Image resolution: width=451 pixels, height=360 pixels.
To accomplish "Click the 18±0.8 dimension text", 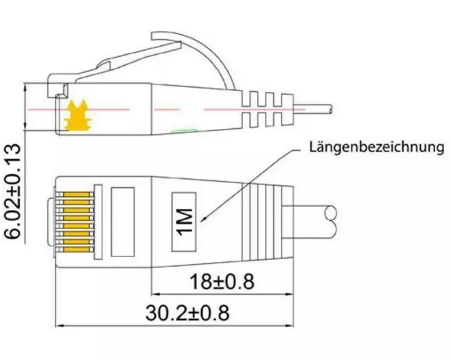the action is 222,282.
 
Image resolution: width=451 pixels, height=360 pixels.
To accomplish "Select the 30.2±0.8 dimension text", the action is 187,313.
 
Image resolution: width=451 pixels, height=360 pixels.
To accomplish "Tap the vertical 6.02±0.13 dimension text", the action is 12,191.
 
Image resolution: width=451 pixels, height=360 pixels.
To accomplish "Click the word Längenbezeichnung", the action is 377,147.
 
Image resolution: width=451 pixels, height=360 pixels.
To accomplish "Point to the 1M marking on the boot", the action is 184,221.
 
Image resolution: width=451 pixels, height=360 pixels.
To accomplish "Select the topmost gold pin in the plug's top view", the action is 77,195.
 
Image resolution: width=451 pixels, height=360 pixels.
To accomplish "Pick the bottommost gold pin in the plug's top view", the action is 77,250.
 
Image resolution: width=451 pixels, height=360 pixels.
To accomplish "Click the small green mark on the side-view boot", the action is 184,131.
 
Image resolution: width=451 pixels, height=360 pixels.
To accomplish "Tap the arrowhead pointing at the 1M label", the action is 203,219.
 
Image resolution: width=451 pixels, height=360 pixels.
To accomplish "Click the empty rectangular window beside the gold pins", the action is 123,221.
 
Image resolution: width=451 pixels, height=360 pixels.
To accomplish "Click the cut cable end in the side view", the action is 331,110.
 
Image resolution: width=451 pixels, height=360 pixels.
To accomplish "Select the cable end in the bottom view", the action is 331,222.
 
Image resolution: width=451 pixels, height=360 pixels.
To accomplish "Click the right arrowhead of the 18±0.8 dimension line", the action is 289,294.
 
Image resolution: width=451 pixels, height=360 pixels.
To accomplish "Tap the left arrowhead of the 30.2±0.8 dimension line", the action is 60,326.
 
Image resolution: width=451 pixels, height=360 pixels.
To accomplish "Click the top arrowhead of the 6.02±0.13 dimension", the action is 25,88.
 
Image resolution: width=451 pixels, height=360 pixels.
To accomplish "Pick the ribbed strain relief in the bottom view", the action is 268,221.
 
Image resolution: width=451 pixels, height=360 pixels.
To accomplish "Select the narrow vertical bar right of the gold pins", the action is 98,221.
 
